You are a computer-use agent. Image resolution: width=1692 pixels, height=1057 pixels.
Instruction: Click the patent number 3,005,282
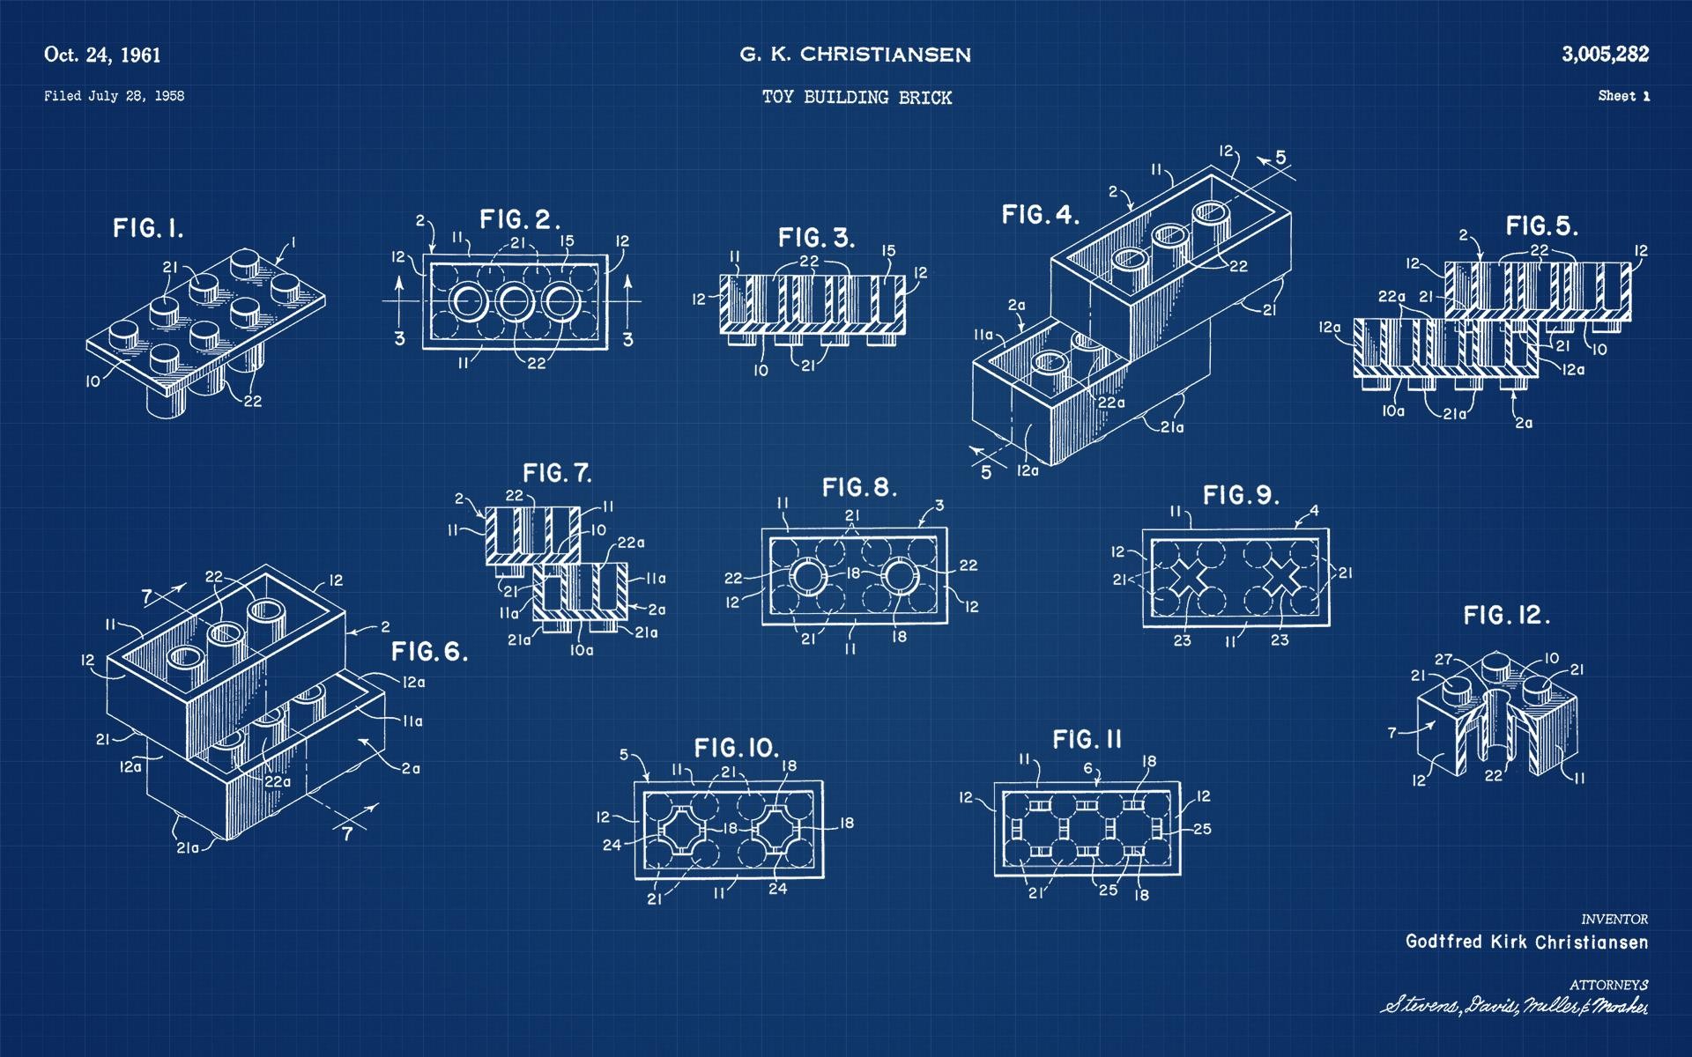click(1605, 55)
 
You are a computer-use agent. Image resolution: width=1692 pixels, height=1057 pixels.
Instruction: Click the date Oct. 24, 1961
click(102, 55)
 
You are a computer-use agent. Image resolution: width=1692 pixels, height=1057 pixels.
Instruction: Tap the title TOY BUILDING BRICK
click(857, 98)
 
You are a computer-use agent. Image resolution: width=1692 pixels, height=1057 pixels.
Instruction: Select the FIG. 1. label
click(148, 229)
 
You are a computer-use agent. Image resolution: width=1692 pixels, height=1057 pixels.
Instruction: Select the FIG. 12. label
click(1506, 615)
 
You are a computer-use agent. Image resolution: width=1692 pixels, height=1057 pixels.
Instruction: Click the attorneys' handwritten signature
click(1513, 1006)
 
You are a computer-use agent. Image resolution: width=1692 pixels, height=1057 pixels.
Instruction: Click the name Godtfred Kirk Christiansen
click(1526, 942)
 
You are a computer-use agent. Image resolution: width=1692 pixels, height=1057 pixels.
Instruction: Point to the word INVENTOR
click(1614, 919)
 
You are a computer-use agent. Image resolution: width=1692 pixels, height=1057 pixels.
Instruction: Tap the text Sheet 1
click(1623, 96)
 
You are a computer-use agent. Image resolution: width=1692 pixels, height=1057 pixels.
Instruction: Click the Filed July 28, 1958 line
click(114, 96)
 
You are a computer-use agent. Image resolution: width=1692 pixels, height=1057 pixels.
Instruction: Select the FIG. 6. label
click(429, 652)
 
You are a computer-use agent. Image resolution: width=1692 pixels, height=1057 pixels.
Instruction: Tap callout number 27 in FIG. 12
click(1443, 659)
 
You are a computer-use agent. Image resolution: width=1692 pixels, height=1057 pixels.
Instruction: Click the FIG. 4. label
click(1040, 214)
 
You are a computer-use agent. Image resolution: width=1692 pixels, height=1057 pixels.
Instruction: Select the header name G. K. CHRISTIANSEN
click(855, 55)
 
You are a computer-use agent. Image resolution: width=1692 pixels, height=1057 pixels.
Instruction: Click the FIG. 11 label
click(1087, 739)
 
